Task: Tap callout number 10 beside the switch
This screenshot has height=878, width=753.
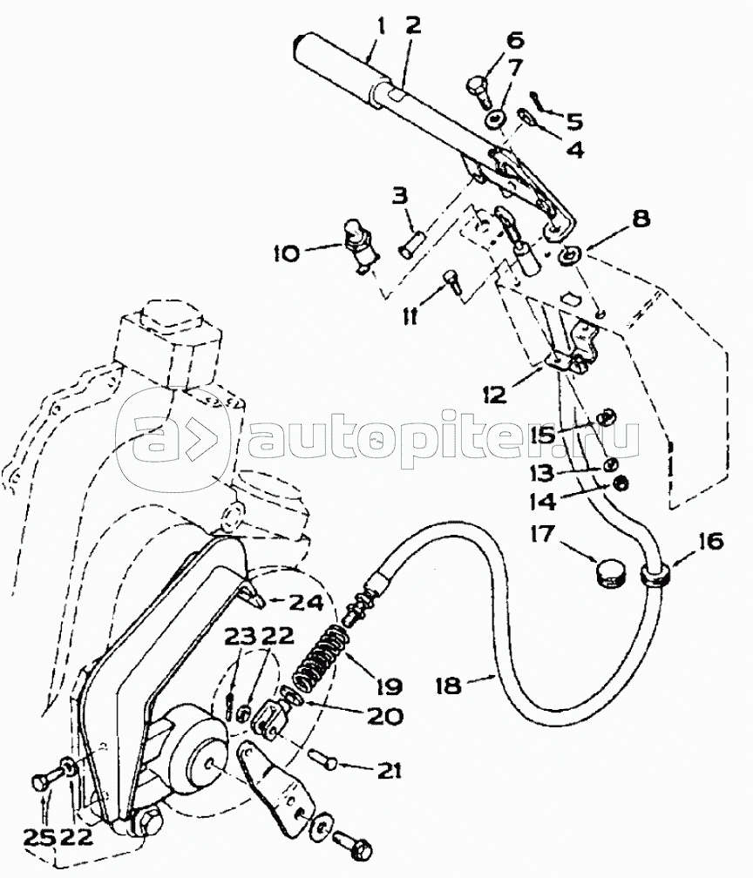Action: [285, 253]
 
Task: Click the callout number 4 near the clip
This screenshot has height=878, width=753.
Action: [574, 150]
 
